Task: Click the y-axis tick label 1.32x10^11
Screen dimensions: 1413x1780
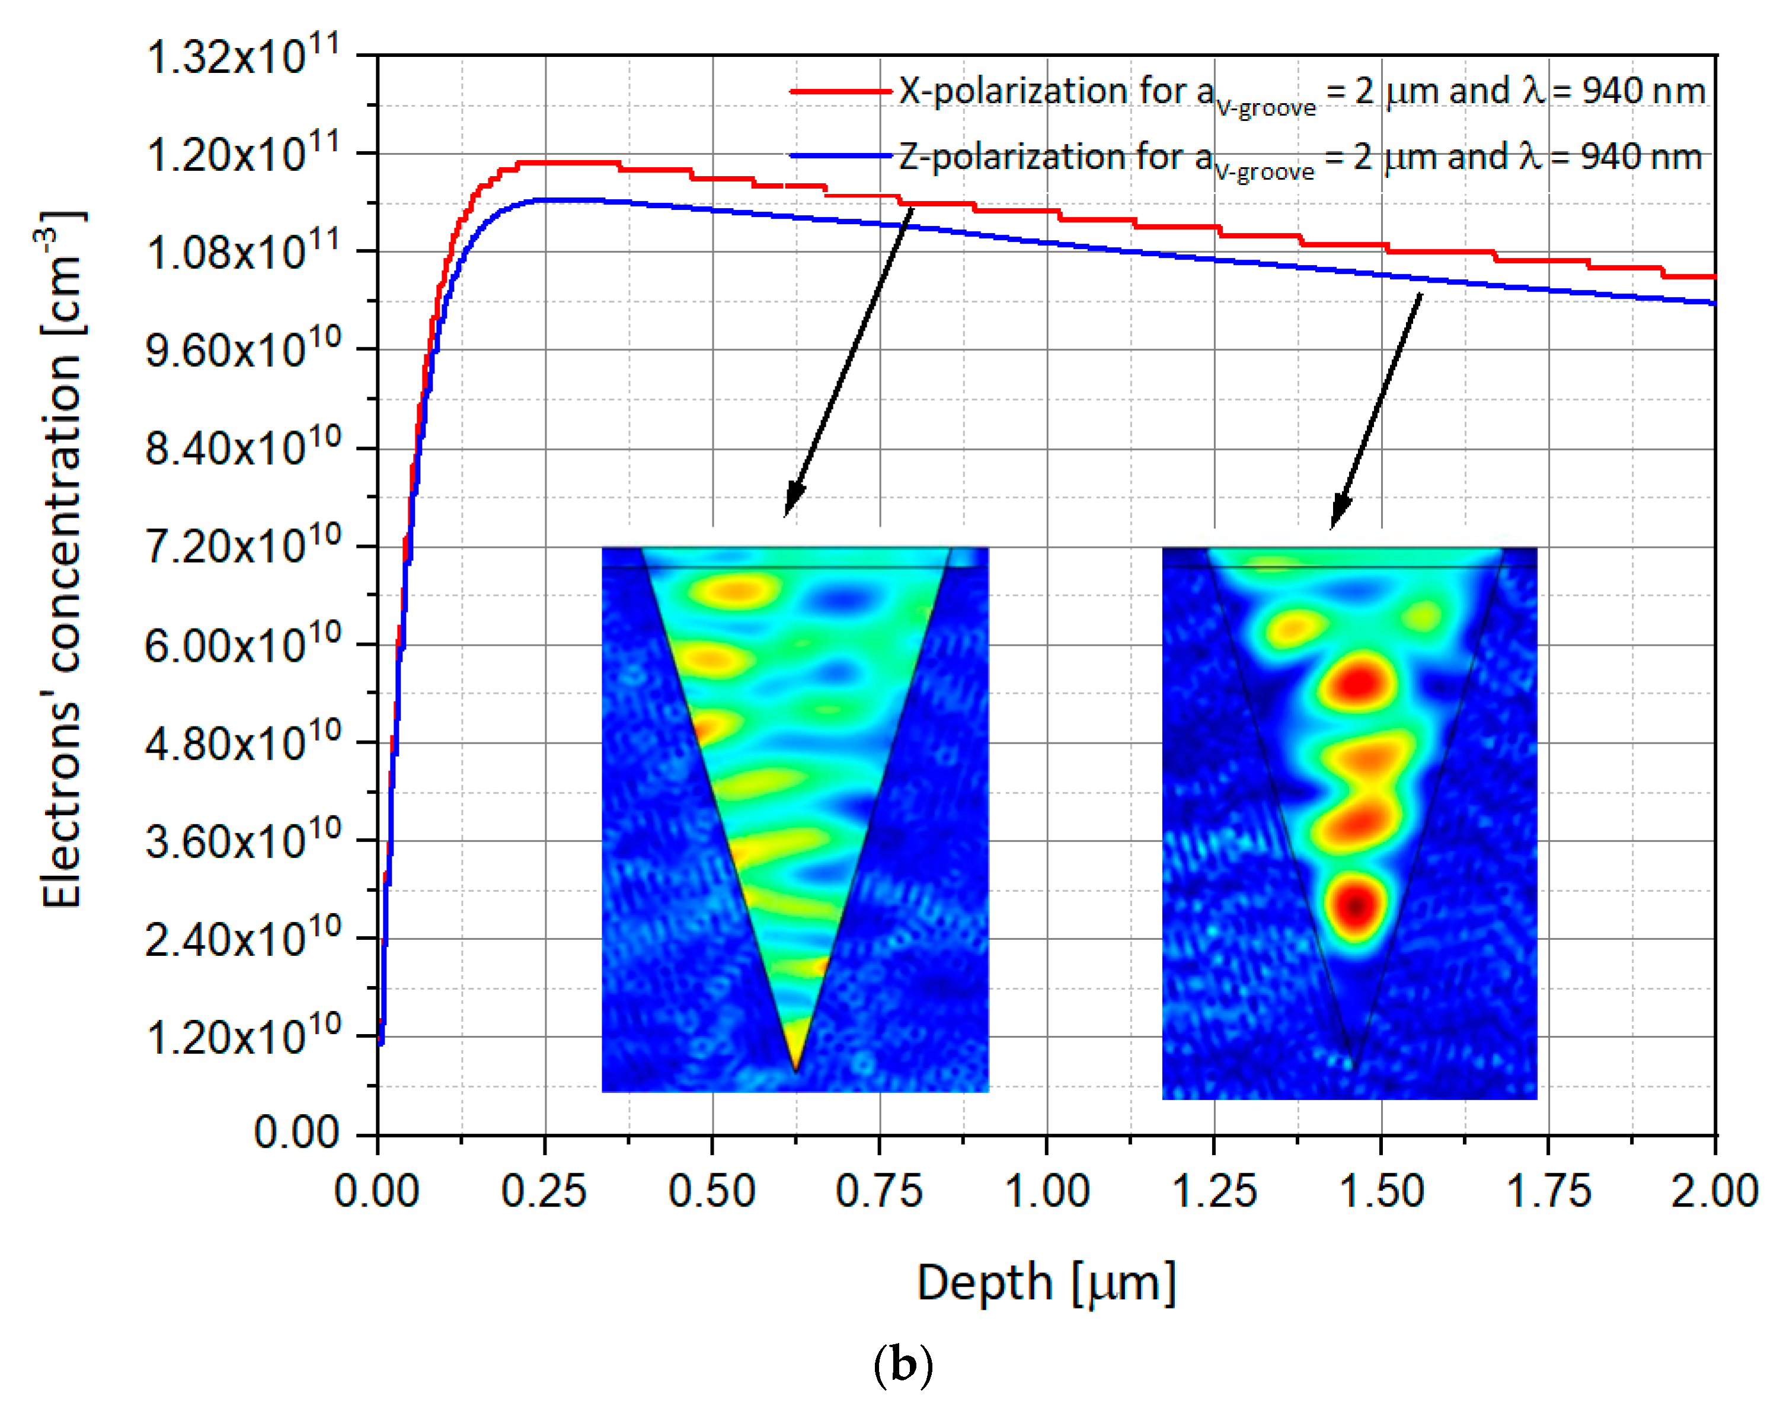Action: [x=242, y=57]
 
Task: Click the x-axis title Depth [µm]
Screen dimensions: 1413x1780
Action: [x=1046, y=1283]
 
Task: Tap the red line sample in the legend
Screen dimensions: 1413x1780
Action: [x=841, y=91]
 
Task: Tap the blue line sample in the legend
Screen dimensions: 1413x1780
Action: [x=841, y=155]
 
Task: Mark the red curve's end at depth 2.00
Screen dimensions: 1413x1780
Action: [x=1715, y=277]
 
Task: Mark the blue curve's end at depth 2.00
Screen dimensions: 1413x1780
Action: [x=1715, y=303]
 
